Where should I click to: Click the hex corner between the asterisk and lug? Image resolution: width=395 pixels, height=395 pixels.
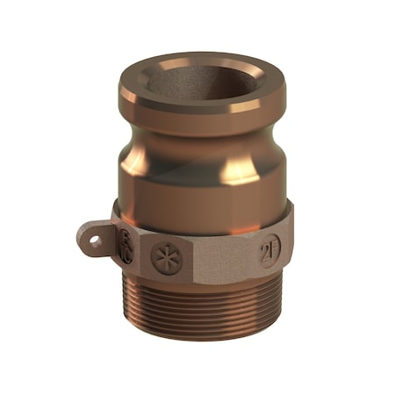pos(140,255)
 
